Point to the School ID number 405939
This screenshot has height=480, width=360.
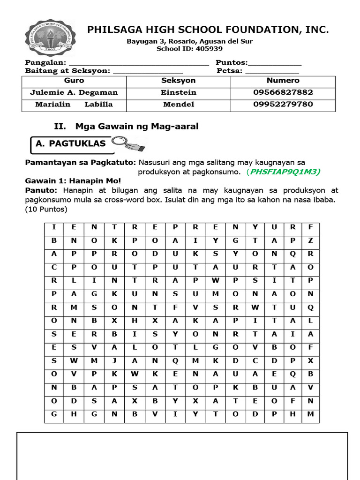[210, 48]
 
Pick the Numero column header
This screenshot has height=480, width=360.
[283, 81]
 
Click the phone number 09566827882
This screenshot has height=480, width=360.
[283, 92]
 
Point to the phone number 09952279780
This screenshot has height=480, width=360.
[283, 104]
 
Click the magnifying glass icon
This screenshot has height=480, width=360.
[132, 143]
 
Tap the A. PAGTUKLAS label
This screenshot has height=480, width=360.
[71, 144]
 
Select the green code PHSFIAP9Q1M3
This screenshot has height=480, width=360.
[285, 172]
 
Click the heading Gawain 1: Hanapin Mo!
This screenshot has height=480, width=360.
[73, 180]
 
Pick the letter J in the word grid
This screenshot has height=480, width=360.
[114, 361]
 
